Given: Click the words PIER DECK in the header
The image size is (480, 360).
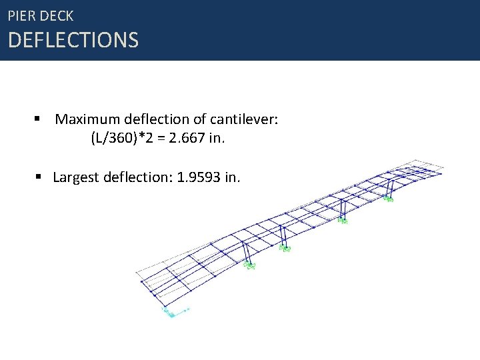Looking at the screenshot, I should click(41, 15).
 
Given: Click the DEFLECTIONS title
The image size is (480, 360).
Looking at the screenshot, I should click(73, 41).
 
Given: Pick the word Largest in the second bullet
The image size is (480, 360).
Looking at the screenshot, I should click(75, 177).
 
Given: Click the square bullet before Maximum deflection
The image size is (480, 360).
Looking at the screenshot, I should click(38, 119).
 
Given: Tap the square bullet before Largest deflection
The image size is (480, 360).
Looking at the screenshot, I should click(38, 177).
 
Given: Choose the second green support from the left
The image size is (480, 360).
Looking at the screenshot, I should click(286, 249).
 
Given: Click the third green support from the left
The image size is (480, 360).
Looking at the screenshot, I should click(343, 221).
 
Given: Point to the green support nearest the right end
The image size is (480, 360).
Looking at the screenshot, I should click(388, 198).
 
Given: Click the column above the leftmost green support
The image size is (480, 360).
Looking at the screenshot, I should click(247, 253).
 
